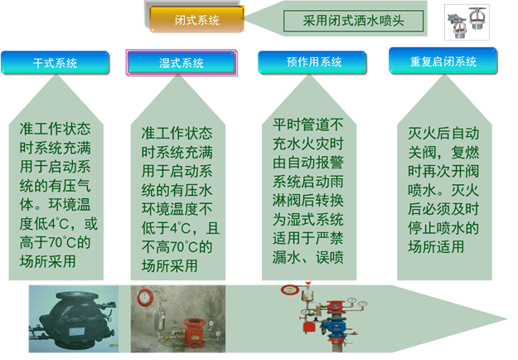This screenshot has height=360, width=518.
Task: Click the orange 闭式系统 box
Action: [197, 19]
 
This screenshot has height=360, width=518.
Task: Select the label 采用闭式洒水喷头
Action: [353, 21]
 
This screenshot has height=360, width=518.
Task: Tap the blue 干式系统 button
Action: [56, 62]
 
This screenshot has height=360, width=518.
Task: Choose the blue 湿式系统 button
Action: [182, 62]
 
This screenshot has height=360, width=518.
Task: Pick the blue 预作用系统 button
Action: [312, 62]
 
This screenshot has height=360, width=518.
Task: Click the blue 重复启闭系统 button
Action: [443, 61]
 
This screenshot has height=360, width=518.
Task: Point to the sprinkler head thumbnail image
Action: [467, 22]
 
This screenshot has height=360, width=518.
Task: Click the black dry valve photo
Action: [73, 319]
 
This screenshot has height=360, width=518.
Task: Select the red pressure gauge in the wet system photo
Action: [144, 297]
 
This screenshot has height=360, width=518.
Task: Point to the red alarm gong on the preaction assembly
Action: [289, 290]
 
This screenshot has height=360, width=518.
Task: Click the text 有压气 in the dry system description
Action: [69, 186]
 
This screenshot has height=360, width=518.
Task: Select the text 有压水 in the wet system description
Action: [191, 190]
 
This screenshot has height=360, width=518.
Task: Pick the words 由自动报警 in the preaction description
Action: [307, 163]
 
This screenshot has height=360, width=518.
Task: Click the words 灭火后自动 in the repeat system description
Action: [443, 134]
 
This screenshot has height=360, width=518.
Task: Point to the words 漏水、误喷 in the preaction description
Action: [307, 257]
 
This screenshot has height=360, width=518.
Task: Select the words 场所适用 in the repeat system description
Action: [436, 246]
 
